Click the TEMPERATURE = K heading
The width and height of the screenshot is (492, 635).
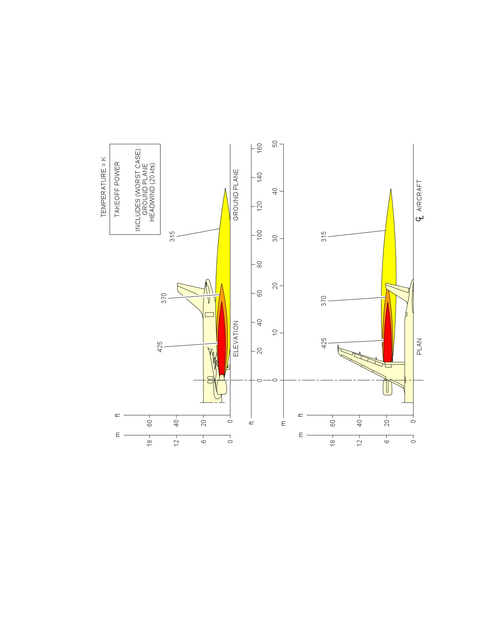tap(103, 187)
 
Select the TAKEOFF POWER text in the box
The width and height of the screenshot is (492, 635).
tap(117, 190)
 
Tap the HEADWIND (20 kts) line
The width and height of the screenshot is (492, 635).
tap(152, 192)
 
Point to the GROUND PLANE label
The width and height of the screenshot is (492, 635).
tap(236, 195)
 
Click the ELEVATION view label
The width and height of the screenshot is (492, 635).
tap(236, 339)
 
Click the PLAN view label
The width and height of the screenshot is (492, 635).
tap(419, 347)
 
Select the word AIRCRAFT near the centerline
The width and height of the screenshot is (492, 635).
tap(419, 195)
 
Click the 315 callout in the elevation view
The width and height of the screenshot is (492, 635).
tap(172, 236)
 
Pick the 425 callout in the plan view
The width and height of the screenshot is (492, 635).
tap(323, 343)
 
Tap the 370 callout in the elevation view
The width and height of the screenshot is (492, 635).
tap(164, 298)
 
